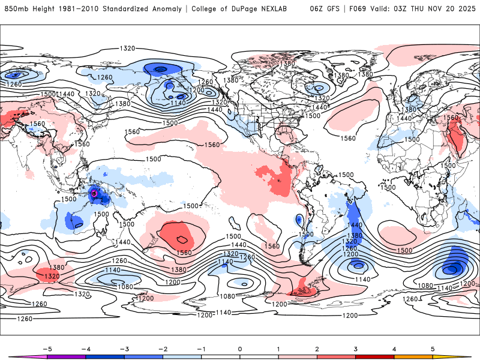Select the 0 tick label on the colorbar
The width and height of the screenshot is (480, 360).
pos(240,349)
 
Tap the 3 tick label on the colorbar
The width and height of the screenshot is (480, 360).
pos(356,349)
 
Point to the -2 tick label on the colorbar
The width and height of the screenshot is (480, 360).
pos(163,349)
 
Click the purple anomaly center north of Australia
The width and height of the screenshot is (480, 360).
pos(94,194)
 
